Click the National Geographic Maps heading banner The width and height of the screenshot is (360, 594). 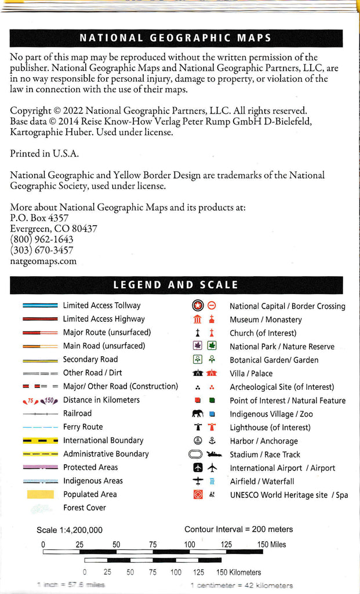175,38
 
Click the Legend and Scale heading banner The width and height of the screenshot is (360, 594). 175,285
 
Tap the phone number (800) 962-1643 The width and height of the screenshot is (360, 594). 42,240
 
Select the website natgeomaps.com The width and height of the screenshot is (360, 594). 43,261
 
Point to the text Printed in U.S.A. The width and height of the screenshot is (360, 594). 44,154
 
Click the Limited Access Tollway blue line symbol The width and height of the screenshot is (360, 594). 40,306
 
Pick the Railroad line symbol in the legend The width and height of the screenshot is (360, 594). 40,414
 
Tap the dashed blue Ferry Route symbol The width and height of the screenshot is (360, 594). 40,427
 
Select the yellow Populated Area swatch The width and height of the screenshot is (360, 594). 40,494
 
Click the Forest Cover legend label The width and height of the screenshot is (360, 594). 85,508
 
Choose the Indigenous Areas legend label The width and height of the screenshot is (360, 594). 93,481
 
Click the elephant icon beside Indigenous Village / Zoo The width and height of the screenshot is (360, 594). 198,414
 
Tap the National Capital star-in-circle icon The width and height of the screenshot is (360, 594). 198,306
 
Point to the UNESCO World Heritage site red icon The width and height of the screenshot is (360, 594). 198,495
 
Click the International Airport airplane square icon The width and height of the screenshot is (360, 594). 198,468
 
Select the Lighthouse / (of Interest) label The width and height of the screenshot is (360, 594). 262,428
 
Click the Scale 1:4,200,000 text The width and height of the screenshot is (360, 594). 70,530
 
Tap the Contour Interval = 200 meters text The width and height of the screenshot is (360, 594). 238,529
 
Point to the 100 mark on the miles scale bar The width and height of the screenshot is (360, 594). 190,545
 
